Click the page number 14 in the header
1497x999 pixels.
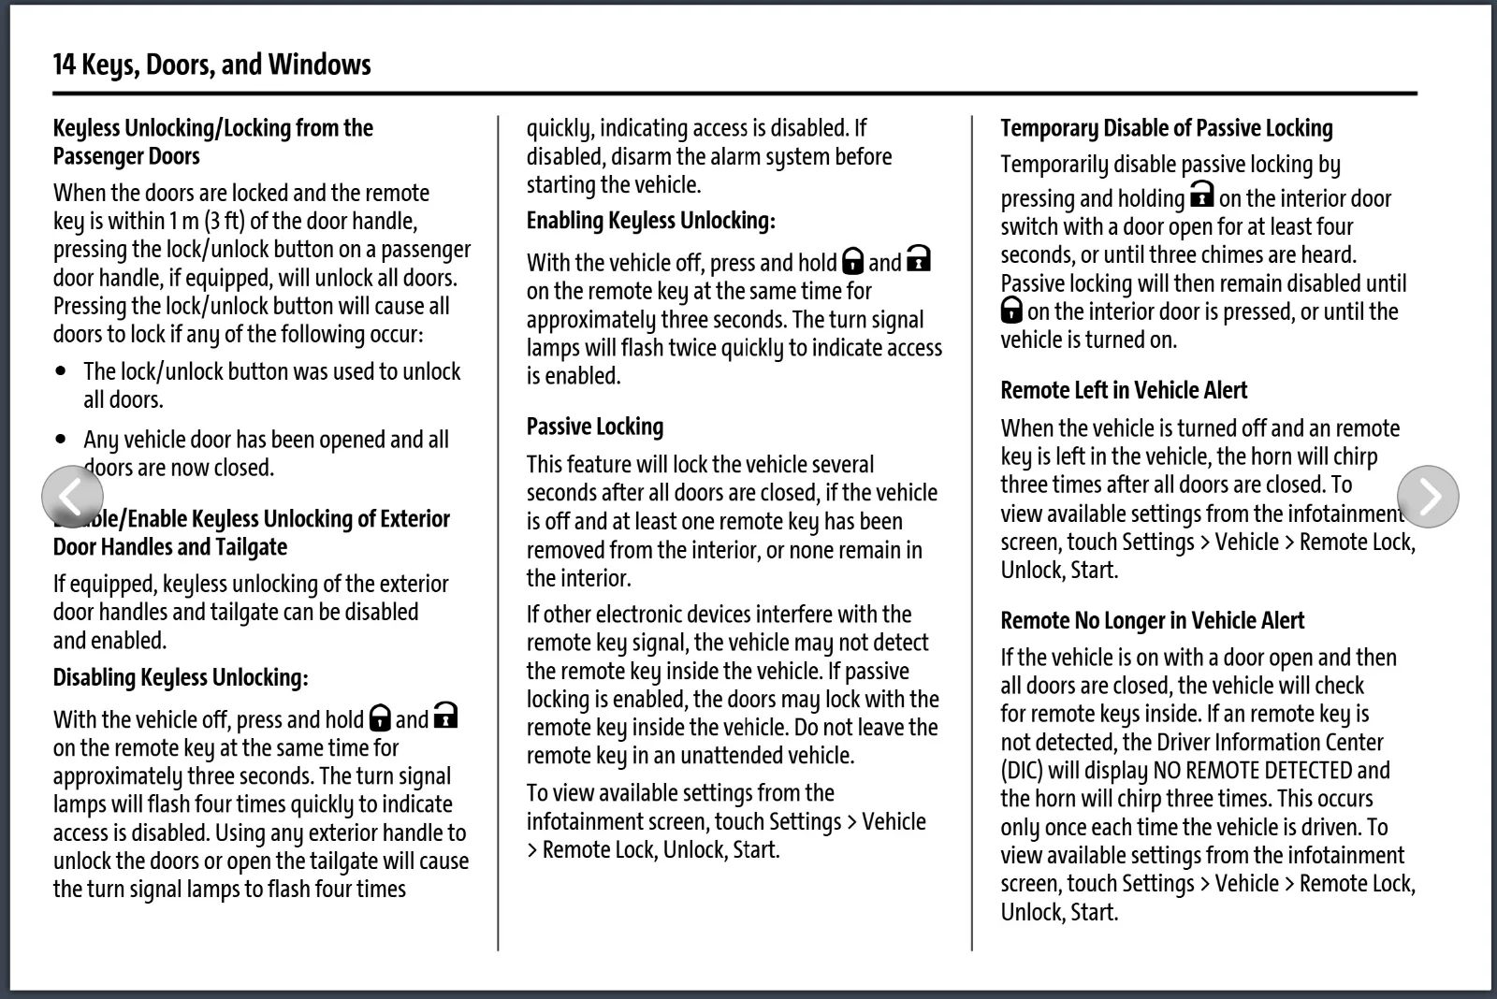[x=64, y=65]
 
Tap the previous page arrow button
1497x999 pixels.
[x=72, y=497]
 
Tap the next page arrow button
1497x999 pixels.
[x=1428, y=497]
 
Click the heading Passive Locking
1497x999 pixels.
[x=595, y=427]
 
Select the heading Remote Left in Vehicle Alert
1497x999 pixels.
[x=1124, y=390]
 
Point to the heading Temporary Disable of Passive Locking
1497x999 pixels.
[x=1167, y=128]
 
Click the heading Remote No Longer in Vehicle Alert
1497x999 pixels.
[x=1152, y=620]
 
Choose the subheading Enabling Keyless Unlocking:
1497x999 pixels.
[x=651, y=221]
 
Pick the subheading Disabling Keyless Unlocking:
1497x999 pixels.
[x=181, y=677]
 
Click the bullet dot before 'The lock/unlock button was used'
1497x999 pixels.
[x=62, y=371]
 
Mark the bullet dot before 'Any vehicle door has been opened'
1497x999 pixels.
[x=62, y=439]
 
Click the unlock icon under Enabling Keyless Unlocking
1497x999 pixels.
[x=919, y=259]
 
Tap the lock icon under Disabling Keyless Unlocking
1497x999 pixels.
[x=380, y=718]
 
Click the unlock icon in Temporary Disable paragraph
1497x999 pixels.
[x=1201, y=195]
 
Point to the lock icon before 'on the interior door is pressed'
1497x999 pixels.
[x=1011, y=311]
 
